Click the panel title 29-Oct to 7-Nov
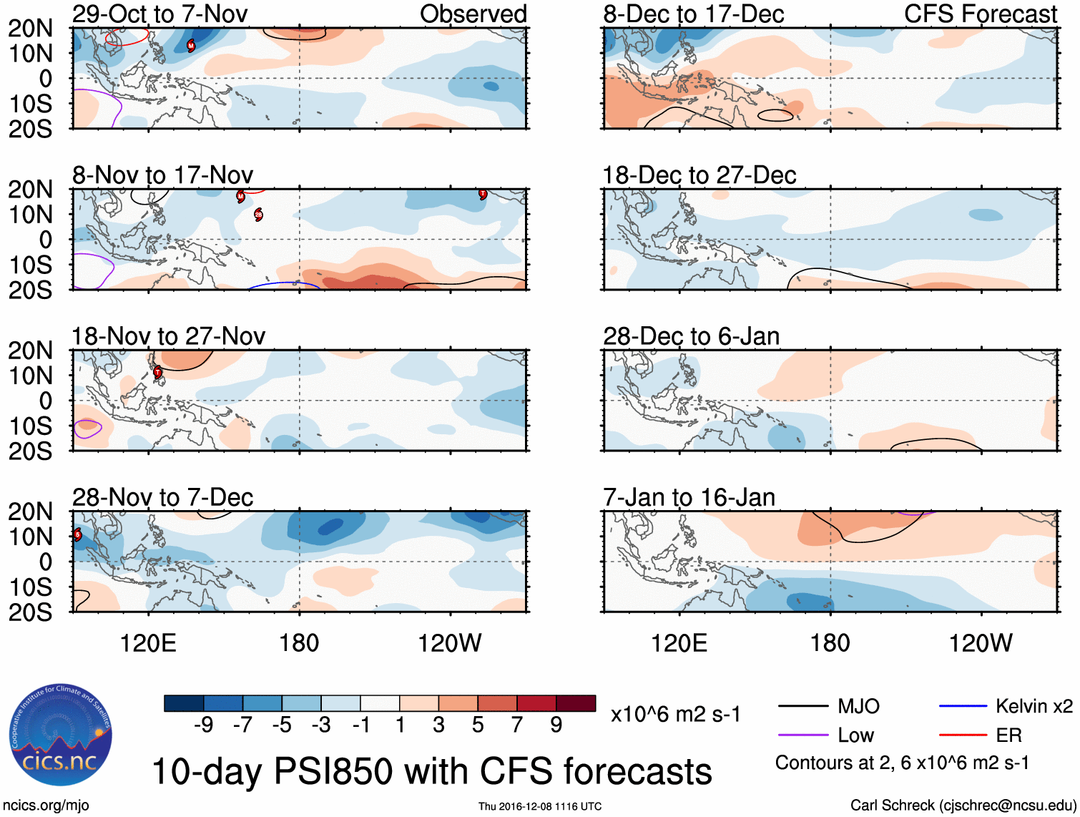click(159, 14)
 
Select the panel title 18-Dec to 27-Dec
click(699, 175)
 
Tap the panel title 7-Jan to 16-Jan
click(689, 497)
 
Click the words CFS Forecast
click(980, 14)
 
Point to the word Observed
click(473, 14)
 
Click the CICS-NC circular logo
click(60, 735)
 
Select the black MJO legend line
click(802, 707)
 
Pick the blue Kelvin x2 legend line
click(963, 707)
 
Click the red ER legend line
click(963, 735)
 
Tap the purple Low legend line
click(802, 735)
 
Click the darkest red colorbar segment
click(576, 703)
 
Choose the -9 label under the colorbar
click(204, 725)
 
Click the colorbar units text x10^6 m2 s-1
click(675, 714)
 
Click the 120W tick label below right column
click(980, 643)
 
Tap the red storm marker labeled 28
click(258, 215)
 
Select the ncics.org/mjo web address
click(45, 806)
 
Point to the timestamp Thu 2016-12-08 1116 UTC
click(539, 806)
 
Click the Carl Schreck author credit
click(962, 806)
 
